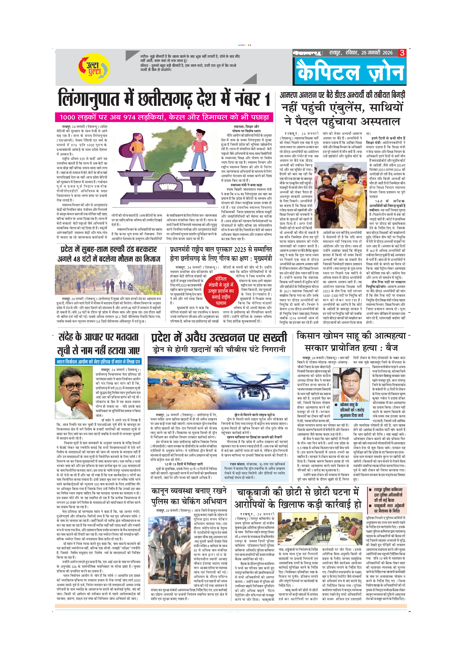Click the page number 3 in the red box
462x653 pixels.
[x=402, y=53]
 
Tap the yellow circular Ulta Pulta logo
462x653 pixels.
[x=94, y=68]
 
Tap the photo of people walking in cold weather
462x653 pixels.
[x=108, y=280]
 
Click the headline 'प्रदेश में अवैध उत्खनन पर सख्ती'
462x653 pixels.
[x=219, y=338]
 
